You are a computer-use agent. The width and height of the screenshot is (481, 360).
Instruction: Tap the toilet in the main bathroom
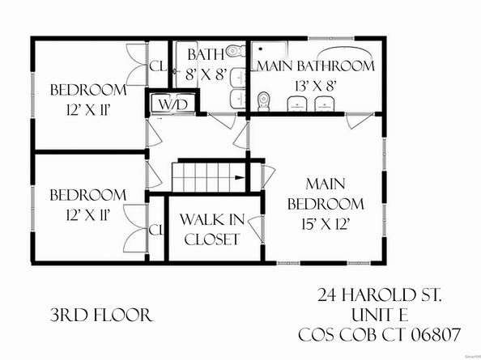tap(262, 101)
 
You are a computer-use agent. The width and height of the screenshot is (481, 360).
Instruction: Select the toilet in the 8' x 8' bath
tap(234, 51)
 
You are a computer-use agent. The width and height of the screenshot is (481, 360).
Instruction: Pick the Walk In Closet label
tap(210, 229)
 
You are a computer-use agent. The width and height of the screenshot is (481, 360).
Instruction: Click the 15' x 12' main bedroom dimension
tap(328, 221)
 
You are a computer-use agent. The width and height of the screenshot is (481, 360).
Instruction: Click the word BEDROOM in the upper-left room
tap(87, 90)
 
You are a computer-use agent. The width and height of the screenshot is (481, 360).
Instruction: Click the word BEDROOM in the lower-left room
tap(87, 195)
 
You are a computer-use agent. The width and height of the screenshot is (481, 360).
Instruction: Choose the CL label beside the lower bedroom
tap(155, 229)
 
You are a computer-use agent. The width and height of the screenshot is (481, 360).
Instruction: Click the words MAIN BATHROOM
tap(315, 65)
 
